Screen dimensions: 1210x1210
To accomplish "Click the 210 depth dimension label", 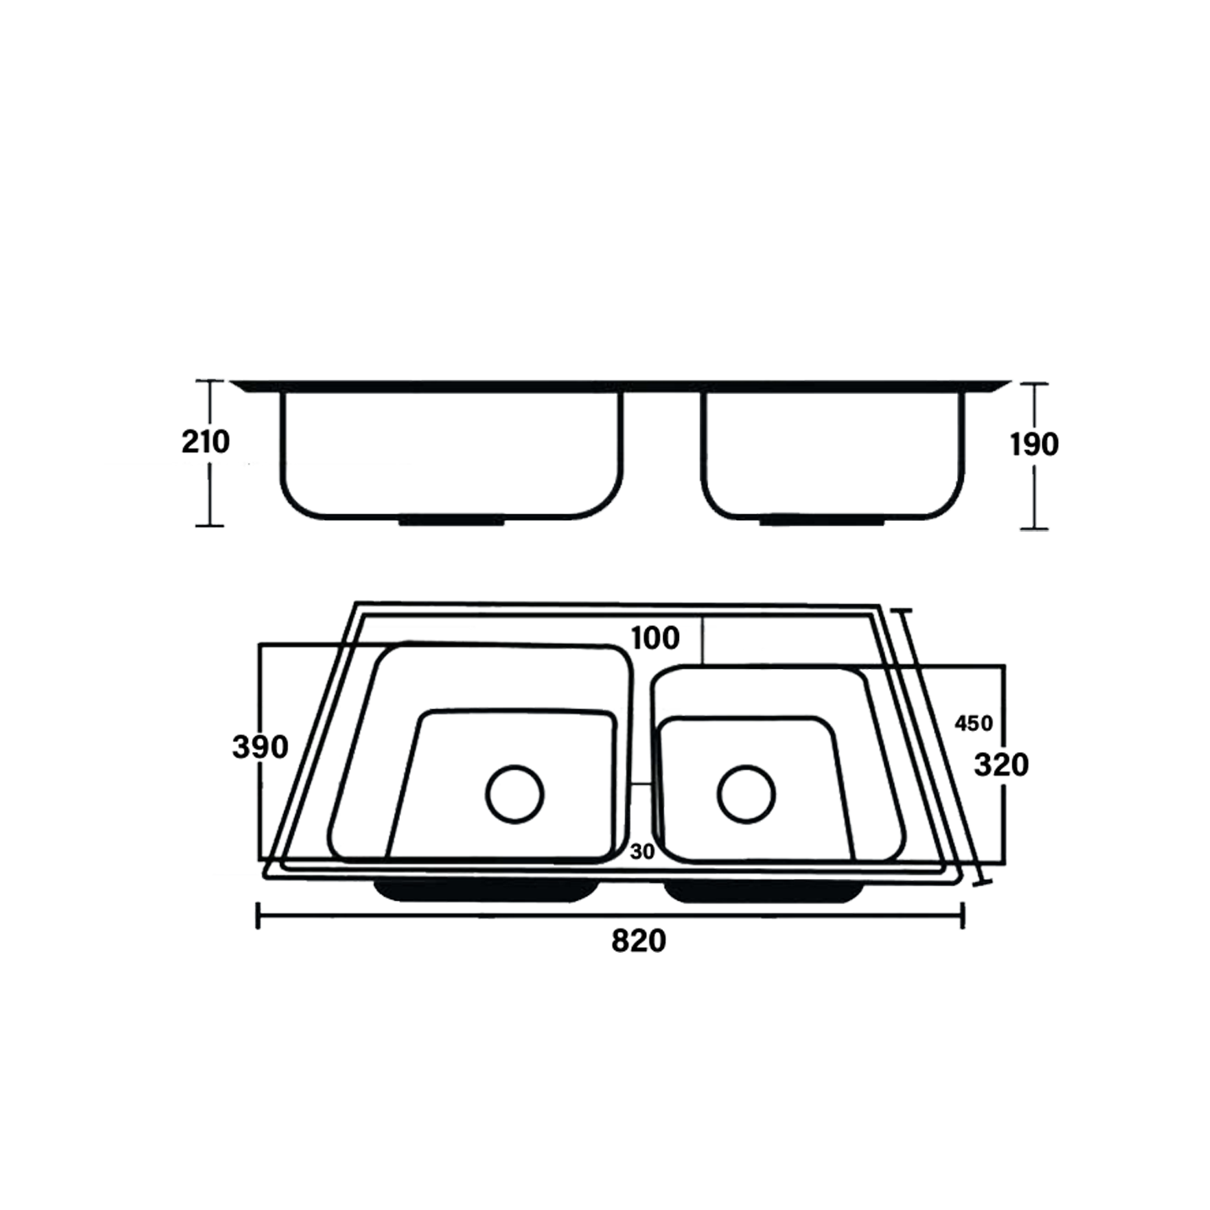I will (x=205, y=441).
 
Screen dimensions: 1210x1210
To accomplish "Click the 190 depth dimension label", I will (x=1034, y=445).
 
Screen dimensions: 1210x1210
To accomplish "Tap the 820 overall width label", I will (x=639, y=941).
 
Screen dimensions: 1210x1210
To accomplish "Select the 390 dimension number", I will (x=260, y=746).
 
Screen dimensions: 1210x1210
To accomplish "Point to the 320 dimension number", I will (x=1001, y=765).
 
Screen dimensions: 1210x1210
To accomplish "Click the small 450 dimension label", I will (x=974, y=723).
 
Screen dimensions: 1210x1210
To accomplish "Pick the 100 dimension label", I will (x=655, y=639).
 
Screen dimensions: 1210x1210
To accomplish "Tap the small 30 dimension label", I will (x=642, y=851).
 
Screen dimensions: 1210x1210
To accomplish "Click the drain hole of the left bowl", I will (x=515, y=794).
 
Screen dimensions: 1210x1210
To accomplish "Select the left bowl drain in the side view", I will (x=452, y=521).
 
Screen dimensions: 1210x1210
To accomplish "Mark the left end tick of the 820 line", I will (x=257, y=915).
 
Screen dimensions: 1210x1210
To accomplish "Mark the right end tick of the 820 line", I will (x=963, y=915).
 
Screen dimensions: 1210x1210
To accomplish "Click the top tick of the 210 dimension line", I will (x=209, y=381).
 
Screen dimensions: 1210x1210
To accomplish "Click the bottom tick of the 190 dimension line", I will (x=1034, y=529).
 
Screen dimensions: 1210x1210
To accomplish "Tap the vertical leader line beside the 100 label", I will (x=702, y=640).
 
